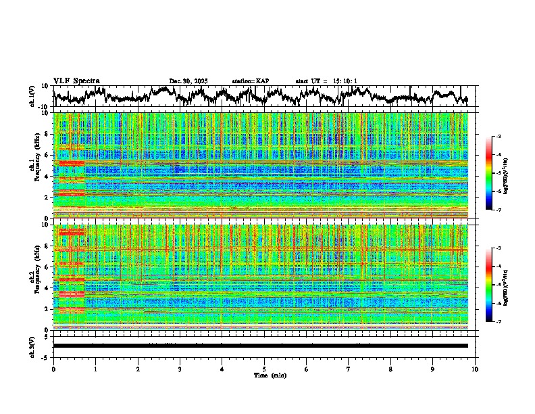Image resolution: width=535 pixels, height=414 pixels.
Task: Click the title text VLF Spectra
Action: coord(76,81)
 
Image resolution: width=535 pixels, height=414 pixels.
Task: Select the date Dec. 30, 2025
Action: coord(188,81)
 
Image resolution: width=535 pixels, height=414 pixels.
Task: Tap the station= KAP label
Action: coord(251,81)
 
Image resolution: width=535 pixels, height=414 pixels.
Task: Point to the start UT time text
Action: coord(326,81)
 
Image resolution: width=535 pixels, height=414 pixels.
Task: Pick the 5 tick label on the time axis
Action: coord(264,369)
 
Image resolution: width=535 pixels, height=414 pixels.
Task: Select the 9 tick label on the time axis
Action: coord(433,369)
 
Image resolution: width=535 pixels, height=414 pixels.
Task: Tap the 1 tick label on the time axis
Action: coord(95,369)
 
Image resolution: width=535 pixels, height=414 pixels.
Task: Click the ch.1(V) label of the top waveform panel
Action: coord(33,96)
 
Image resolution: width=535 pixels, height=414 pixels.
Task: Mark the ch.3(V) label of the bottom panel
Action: coord(33,346)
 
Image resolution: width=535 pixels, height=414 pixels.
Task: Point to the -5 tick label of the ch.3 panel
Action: coord(46,356)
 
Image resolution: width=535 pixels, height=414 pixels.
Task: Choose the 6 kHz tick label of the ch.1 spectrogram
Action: coord(47,155)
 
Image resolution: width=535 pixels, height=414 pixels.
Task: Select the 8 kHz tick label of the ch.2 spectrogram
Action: coord(47,246)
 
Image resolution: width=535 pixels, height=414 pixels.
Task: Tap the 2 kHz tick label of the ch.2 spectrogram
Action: coord(47,308)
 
